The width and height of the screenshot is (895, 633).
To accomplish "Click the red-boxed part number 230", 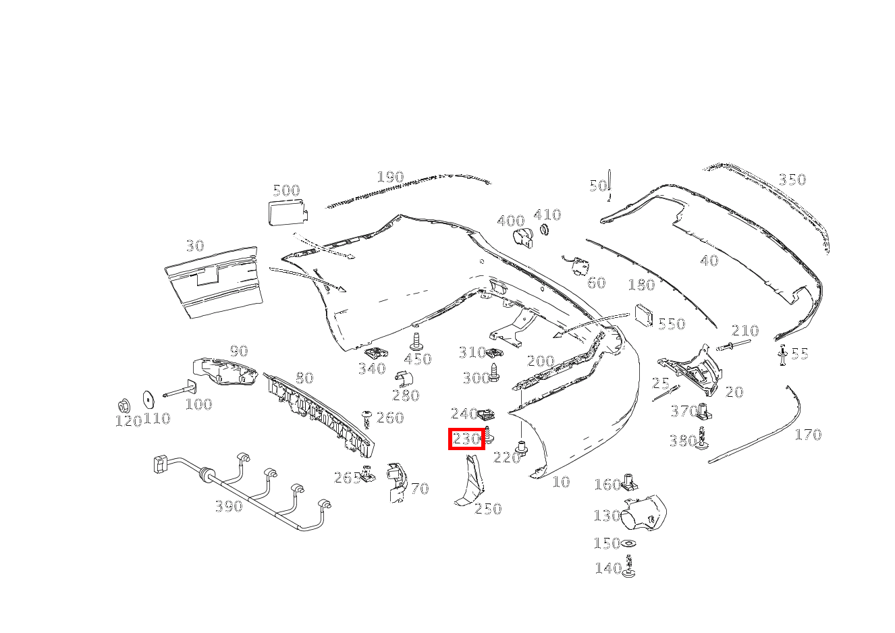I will pyautogui.click(x=467, y=439).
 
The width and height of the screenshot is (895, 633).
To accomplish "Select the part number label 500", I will pyautogui.click(x=286, y=190).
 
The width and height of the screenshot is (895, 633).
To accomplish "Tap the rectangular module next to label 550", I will pyautogui.click(x=643, y=315).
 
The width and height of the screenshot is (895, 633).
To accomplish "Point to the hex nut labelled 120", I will pyautogui.click(x=124, y=406).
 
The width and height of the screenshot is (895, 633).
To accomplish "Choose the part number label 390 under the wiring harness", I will pyautogui.click(x=228, y=506).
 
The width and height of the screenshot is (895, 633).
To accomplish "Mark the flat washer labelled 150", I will pyautogui.click(x=630, y=544).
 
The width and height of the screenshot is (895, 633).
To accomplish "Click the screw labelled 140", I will pyautogui.click(x=630, y=567).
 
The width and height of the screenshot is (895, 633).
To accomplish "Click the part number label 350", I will pyautogui.click(x=792, y=180).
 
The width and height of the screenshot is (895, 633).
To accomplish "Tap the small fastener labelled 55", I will pyautogui.click(x=782, y=355).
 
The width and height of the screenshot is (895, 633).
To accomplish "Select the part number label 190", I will pyautogui.click(x=389, y=177).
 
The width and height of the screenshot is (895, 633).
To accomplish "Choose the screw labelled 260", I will pyautogui.click(x=368, y=419).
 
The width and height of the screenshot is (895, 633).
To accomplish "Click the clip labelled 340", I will pyautogui.click(x=375, y=353).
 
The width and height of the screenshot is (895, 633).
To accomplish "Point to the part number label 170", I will pyautogui.click(x=807, y=435).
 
